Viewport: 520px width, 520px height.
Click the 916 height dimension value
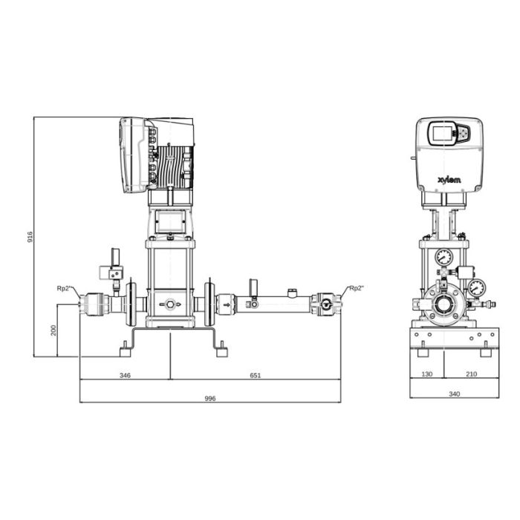coord(30,237)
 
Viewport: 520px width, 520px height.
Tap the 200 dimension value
coord(53,331)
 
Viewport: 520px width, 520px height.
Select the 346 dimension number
coord(125,375)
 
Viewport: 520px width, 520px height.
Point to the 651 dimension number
coord(255,375)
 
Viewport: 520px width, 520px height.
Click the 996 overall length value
coord(210,398)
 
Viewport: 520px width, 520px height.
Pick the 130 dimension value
coord(427,374)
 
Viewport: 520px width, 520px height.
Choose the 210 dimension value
coord(471,374)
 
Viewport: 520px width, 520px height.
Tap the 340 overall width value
coord(455,394)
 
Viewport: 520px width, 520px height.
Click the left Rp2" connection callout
coord(65,288)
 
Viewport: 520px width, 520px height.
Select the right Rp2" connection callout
coord(357,288)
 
